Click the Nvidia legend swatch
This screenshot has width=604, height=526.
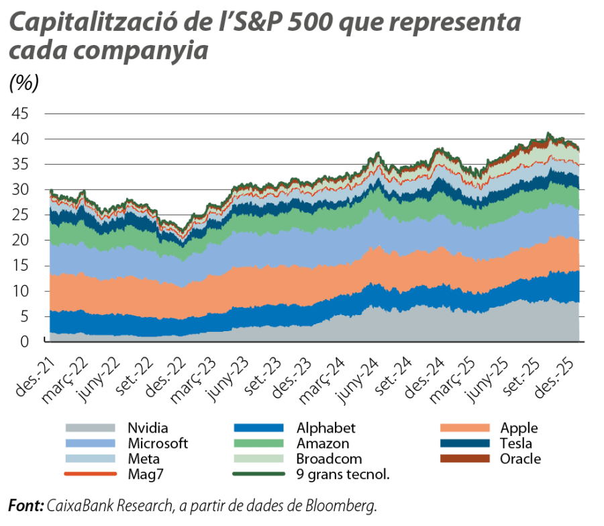pyautogui.click(x=89, y=429)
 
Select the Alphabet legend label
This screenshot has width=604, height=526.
pyautogui.click(x=325, y=429)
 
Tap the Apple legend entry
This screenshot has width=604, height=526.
pyautogui.click(x=519, y=429)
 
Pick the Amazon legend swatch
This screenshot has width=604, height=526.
pyautogui.click(x=257, y=444)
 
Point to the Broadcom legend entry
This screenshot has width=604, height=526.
pyautogui.click(x=329, y=460)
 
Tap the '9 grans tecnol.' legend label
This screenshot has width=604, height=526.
pyautogui.click(x=343, y=476)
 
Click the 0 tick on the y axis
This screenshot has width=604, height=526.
pyautogui.click(x=25, y=342)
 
